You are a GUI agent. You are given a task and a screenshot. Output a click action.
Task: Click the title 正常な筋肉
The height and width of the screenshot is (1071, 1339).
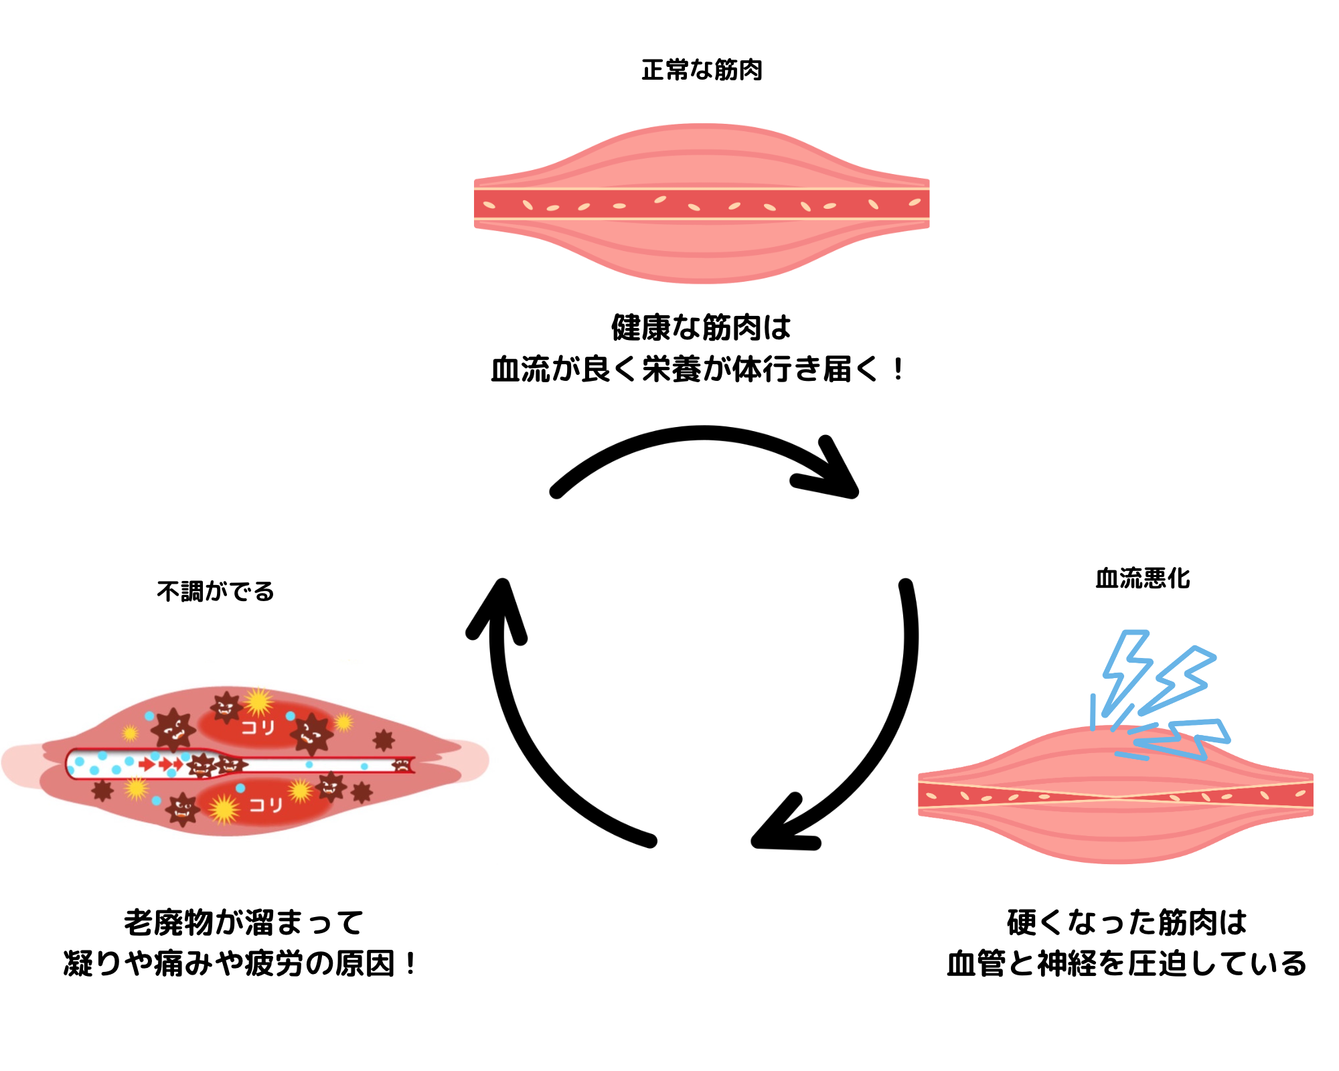coord(702,70)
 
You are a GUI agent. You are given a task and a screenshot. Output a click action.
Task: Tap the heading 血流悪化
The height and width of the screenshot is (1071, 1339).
coord(1142,578)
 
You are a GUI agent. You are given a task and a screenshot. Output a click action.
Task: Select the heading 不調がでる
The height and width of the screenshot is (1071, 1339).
coord(216,592)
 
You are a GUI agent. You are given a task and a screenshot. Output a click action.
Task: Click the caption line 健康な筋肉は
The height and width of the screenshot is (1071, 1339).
coord(701,327)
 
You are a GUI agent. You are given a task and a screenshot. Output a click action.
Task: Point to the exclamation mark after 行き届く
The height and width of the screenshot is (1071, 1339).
coord(898,369)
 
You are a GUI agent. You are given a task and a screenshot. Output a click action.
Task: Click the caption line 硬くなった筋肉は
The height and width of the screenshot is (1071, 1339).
coord(1127,922)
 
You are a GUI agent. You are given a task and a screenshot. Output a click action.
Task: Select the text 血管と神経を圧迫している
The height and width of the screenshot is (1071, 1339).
coord(1127,964)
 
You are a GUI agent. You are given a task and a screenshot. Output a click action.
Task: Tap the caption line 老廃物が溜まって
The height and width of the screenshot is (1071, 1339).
coord(244,922)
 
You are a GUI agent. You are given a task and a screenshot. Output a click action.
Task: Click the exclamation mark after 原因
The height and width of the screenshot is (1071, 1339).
coord(410,964)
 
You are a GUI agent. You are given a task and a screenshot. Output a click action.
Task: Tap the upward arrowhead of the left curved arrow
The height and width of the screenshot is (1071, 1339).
coord(499,606)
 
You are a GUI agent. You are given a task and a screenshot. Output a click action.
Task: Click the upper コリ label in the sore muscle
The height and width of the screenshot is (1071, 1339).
coord(258,727)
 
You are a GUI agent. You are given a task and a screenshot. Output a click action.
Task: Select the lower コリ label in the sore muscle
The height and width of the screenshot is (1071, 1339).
coord(266,804)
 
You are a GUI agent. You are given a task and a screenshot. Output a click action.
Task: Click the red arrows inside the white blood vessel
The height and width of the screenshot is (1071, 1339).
coord(161,764)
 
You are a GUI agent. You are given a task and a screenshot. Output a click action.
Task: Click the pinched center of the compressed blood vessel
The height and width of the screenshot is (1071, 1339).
coord(1115,797)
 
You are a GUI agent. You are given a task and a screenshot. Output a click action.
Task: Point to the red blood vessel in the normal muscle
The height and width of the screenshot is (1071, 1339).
coord(702,204)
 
